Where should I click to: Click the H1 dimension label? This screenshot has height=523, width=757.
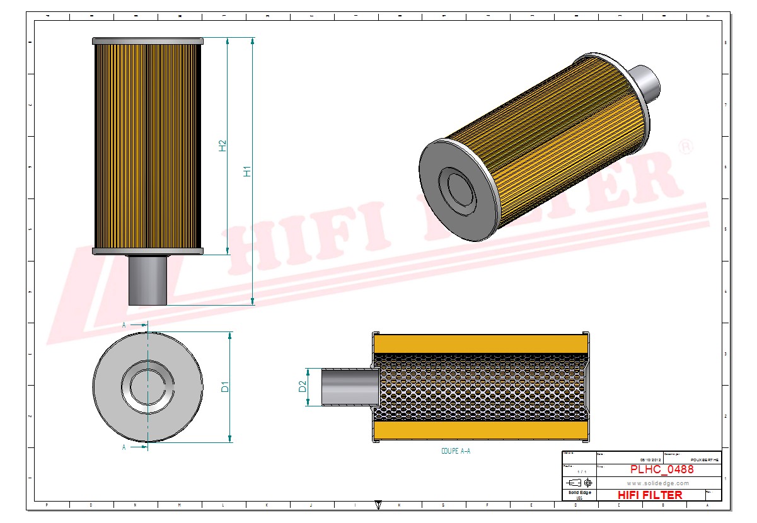pos(248,171)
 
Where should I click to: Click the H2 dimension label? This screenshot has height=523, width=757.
pos(222,146)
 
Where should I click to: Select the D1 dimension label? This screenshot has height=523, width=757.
pos(225,387)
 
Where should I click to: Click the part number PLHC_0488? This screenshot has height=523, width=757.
pos(662,469)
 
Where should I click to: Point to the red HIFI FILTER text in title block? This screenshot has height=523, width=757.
pos(650,495)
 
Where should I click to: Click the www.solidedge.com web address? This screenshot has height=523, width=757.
pos(657,483)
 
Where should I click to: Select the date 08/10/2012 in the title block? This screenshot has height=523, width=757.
pos(651,460)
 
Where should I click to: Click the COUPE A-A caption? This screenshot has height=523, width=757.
pos(456,451)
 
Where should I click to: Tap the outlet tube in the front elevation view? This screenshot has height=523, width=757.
pos(147,280)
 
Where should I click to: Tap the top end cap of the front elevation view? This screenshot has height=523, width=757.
pos(147,41)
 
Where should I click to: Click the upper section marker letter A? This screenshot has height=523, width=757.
pos(124,325)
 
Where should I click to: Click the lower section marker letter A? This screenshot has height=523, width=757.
pos(124,447)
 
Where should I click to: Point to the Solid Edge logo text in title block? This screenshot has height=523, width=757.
pos(579,492)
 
